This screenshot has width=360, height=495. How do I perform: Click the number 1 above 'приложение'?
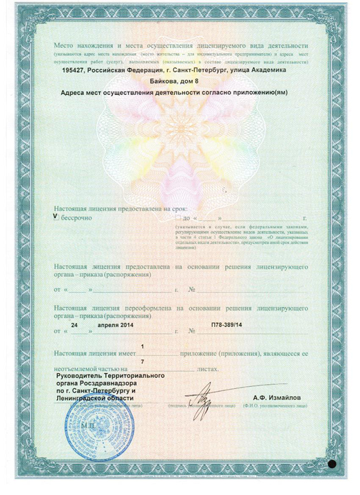pyautogui.click(x=142, y=346)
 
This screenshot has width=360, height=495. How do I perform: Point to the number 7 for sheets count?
pyautogui.click(x=142, y=361)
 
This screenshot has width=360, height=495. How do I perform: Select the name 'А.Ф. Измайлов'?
pyautogui.click(x=277, y=398)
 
